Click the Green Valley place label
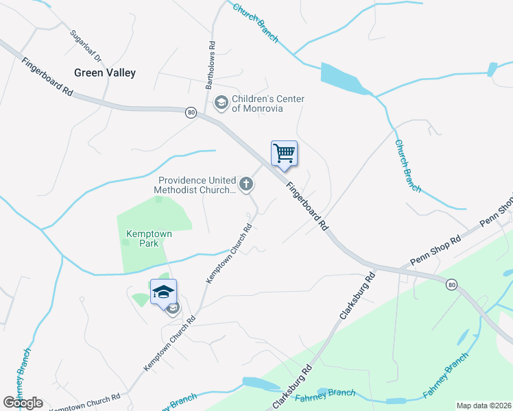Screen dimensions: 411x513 coord(105,73)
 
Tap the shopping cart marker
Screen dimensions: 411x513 coord(284,153)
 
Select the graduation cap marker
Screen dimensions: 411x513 coord(163,292)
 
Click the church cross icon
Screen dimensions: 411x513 coord(246,184)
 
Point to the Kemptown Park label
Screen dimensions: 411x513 coord(149,238)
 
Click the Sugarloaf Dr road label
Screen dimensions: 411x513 coord(85,45)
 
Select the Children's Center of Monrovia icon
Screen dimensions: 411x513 coord(221,103)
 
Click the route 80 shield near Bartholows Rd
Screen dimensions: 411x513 coord(191,112)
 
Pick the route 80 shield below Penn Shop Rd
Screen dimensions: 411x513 coord(451,284)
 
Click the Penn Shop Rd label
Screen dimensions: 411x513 coord(436,252)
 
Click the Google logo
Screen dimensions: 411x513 coord(23,403)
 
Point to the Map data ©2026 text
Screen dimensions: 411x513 coord(484,406)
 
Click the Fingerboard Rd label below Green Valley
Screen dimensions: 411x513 coord(47,75)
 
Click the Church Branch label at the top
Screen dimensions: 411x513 coord(255,22)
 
